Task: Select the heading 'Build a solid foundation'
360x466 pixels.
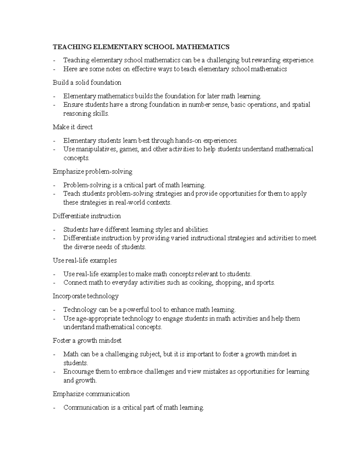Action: click(x=87, y=83)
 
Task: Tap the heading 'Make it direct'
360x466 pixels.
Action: click(x=73, y=127)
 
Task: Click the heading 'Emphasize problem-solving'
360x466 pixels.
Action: click(x=92, y=172)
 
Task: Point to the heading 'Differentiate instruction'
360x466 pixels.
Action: click(x=87, y=216)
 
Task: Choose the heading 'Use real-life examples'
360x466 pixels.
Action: click(x=85, y=260)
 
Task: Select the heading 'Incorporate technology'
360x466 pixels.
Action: click(x=85, y=296)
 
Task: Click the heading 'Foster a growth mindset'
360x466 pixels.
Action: click(x=87, y=341)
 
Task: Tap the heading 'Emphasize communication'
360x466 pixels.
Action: click(x=91, y=394)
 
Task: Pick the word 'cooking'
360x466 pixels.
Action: click(x=201, y=283)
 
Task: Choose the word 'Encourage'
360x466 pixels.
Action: click(x=79, y=371)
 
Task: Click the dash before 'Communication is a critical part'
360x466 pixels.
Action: click(x=54, y=408)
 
